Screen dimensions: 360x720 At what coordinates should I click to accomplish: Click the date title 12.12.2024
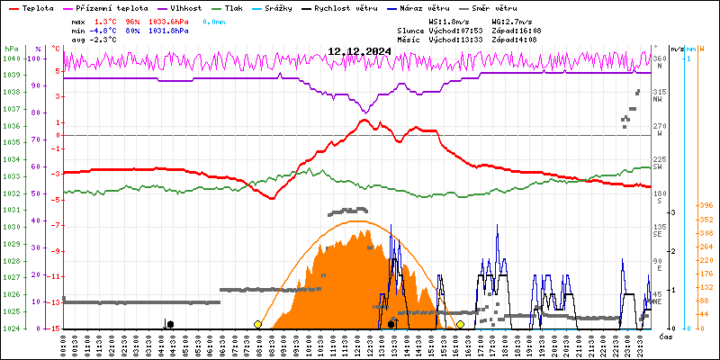pyautogui.click(x=358, y=51)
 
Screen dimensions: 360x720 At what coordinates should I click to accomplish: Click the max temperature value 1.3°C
pyautogui.click(x=106, y=20)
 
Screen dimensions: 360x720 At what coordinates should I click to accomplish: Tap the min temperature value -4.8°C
pyautogui.click(x=104, y=30)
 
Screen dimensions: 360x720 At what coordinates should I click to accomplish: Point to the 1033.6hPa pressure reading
pyautogui.click(x=168, y=20)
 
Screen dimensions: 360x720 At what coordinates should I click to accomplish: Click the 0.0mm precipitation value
pyautogui.click(x=214, y=20)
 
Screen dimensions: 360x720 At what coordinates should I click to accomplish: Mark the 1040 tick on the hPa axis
pyautogui.click(x=11, y=58)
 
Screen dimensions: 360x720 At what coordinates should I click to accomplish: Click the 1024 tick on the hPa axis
pyautogui.click(x=11, y=328)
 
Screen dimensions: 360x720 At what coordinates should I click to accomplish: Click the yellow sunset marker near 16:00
pyautogui.click(x=460, y=324)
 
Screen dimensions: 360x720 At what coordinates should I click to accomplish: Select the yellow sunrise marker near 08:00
pyautogui.click(x=258, y=324)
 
